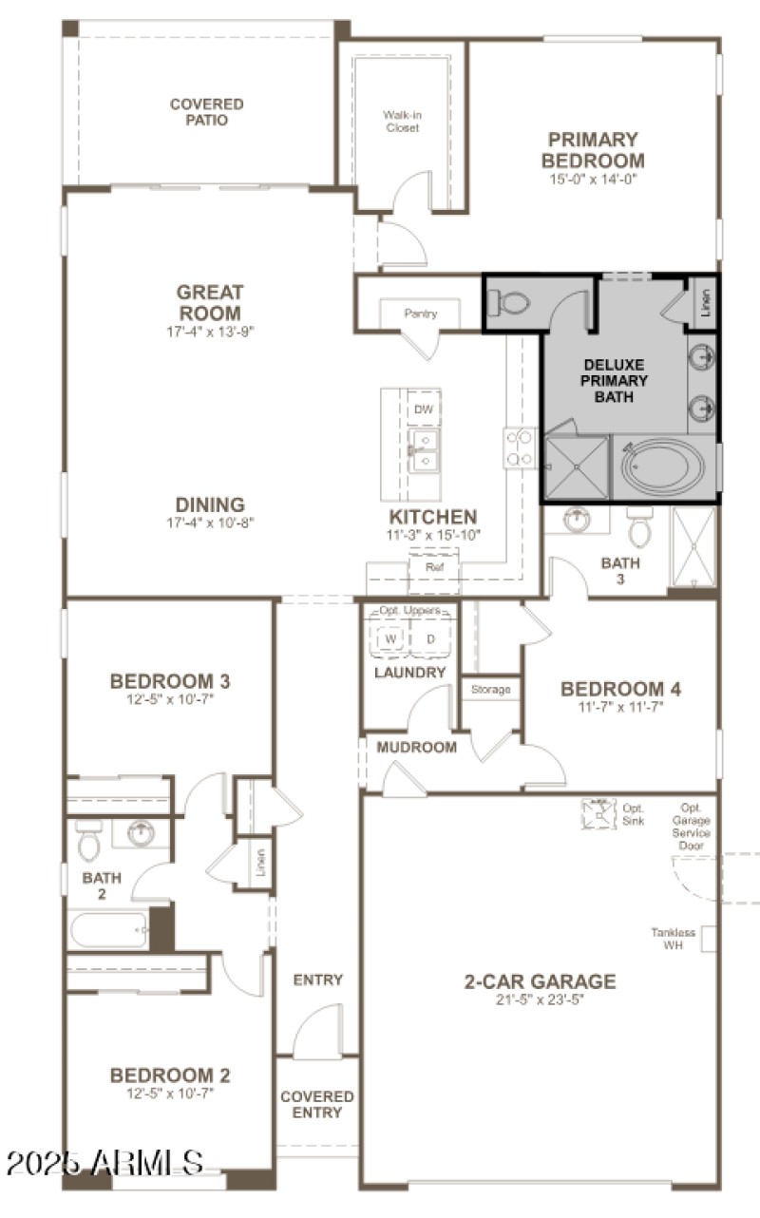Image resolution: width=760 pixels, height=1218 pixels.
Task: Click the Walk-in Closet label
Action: [x=402, y=122]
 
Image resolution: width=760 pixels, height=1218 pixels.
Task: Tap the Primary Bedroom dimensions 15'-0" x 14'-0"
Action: [x=594, y=179]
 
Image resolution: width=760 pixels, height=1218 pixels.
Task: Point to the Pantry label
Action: [x=420, y=314]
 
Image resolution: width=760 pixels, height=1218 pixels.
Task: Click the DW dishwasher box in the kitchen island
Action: [x=423, y=409]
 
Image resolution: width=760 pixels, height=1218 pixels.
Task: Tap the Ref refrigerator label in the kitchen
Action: [x=434, y=566]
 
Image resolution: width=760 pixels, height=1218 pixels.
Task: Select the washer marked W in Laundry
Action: [x=389, y=639]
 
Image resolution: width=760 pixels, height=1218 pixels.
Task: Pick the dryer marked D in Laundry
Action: [x=430, y=639]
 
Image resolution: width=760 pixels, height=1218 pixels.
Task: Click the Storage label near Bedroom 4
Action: [x=491, y=689]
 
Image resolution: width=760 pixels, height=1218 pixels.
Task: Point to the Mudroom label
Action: [x=416, y=747]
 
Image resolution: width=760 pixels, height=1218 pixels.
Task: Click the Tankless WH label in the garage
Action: [x=674, y=939]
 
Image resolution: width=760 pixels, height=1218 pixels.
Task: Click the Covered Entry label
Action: [x=316, y=1104]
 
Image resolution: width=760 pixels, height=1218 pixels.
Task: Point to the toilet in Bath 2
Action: [x=88, y=840]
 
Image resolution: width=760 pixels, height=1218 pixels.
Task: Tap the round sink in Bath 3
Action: [x=577, y=521]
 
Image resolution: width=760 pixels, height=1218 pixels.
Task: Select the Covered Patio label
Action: [x=206, y=112]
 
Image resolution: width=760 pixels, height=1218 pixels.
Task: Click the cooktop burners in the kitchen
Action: [x=520, y=448]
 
